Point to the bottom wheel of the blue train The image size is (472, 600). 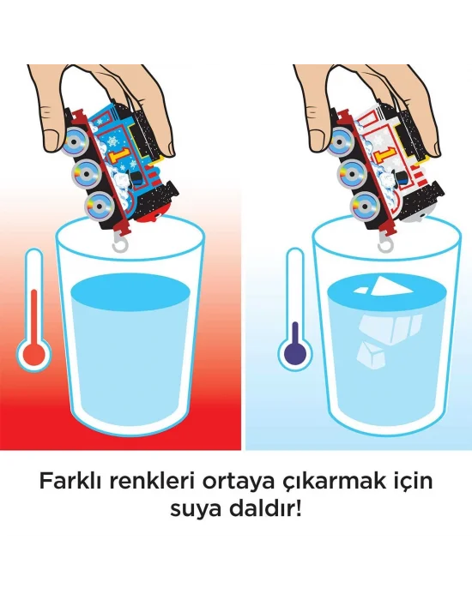click(97, 206)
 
